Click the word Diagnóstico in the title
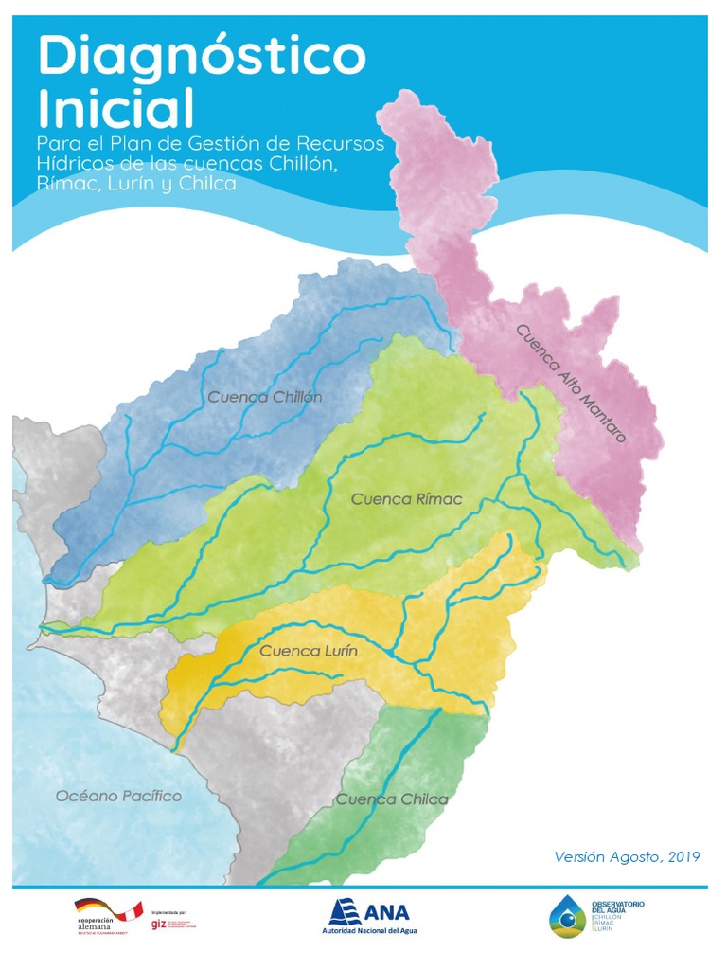pyautogui.click(x=201, y=59)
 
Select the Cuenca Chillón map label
pyautogui.click(x=265, y=397)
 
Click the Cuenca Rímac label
pyautogui.click(x=406, y=499)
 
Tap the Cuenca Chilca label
pyautogui.click(x=392, y=799)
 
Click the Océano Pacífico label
pyautogui.click(x=118, y=796)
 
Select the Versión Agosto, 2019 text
pyautogui.click(x=627, y=857)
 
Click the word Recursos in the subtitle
pyautogui.click(x=343, y=143)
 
